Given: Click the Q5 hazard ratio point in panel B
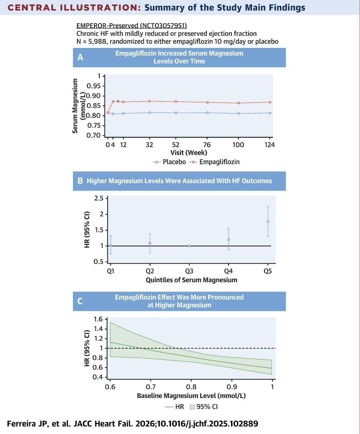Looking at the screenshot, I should pos(268,222).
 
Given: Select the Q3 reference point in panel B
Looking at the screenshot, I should pos(189,246).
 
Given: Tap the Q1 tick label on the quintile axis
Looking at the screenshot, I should pos(110,271).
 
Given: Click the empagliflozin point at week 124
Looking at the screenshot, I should pos(270,102).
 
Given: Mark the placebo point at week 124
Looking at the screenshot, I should pos(270,113).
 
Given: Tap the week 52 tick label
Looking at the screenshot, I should pos(176,145).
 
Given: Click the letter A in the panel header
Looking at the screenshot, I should pos(80,57).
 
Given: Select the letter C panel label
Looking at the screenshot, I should pos(80,301).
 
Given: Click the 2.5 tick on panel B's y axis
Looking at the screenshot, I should pos(98,198).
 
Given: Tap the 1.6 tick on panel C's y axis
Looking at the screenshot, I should pos(98,320).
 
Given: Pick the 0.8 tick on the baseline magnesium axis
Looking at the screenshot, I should pos(191,386).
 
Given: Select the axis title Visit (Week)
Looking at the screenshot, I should pos(189,153).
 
